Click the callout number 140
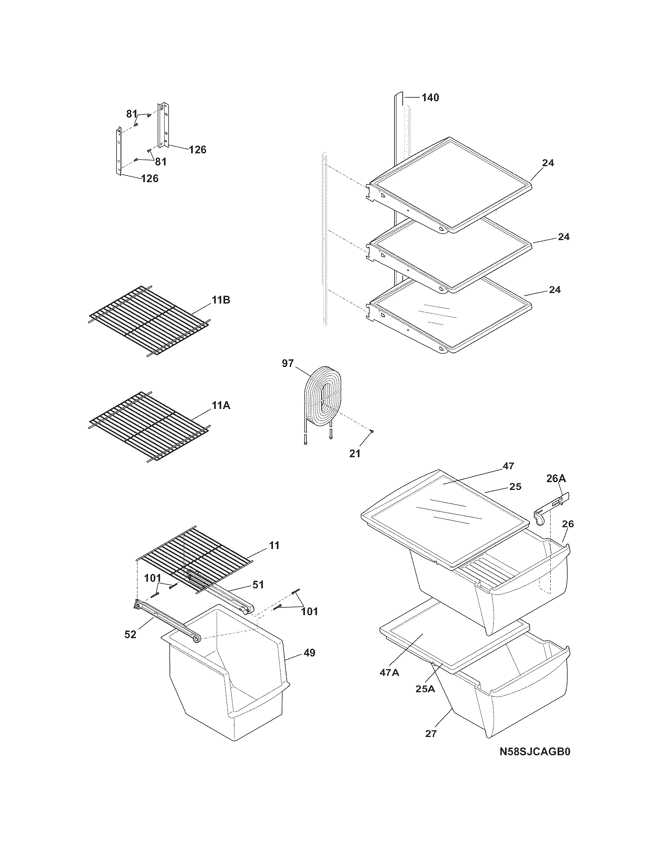430,98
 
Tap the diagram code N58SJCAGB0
535,752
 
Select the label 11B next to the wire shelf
221,300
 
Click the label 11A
221,406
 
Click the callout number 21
354,453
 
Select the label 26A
556,479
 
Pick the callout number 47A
389,673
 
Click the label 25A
425,689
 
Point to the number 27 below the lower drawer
431,734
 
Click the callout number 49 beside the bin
310,653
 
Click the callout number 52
130,634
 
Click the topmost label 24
548,163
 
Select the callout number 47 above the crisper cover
508,466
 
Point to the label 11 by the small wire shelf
274,545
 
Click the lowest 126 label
150,179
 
